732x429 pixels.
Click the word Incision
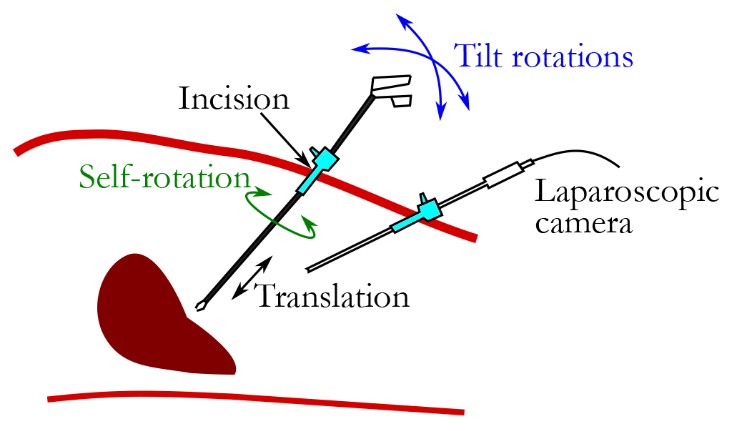[x=233, y=99]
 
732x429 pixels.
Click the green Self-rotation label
[x=164, y=177]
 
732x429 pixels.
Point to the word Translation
[x=332, y=295]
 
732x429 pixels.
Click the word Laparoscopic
[x=626, y=194]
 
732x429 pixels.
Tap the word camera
[x=584, y=224]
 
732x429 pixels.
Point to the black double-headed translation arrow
[x=252, y=277]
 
